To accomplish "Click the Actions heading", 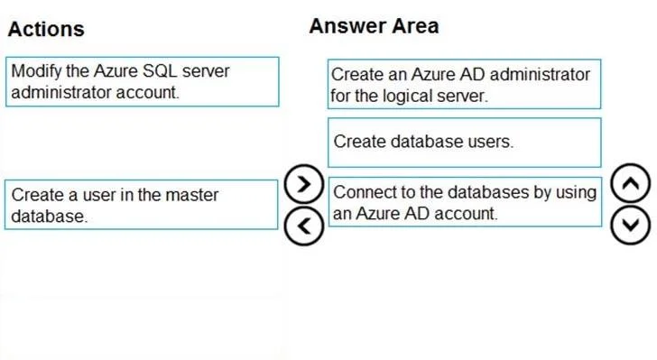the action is (46, 30).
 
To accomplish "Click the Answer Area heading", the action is (374, 26).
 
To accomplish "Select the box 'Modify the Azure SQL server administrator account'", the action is (143, 82).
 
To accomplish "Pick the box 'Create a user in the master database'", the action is (141, 205).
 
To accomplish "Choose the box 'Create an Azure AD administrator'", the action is (464, 84).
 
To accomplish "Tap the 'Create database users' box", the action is (465, 143).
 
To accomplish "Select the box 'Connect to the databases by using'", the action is (465, 202).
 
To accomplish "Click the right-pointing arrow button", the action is (304, 184).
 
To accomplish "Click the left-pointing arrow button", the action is (304, 226).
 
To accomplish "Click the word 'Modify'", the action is (36, 71).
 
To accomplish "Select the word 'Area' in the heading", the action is (416, 26).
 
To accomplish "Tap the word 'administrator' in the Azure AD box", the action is (540, 75).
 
